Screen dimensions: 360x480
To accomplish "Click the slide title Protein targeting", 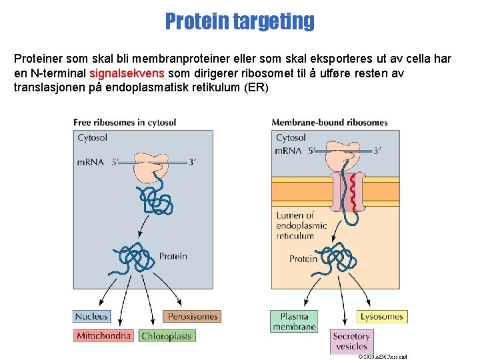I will (239, 21).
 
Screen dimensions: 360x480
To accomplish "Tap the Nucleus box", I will (91, 317).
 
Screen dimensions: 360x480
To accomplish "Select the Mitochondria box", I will (103, 335).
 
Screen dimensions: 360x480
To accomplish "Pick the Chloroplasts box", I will (166, 336).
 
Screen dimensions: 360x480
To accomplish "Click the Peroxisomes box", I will (192, 316).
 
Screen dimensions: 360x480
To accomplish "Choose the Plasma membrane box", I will (293, 321).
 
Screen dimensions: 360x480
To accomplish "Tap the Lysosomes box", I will (382, 316).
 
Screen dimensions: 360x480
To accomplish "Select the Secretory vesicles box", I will (351, 341).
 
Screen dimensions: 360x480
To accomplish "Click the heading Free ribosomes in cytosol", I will (125, 122).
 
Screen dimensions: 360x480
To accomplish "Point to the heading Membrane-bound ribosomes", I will (329, 122).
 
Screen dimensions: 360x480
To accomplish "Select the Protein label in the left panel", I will (173, 256).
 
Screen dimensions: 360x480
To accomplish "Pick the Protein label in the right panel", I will (303, 259).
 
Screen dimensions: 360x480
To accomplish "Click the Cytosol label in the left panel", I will (92, 138).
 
